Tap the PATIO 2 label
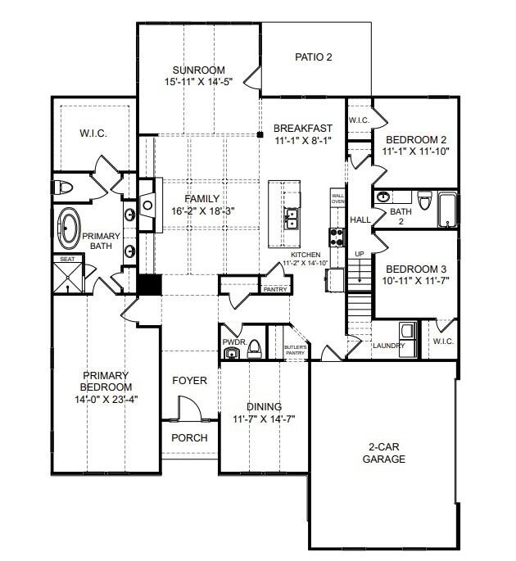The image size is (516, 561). (314, 57)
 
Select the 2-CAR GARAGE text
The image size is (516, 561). (384, 453)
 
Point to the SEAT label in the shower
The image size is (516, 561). (66, 260)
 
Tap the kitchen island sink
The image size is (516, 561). (290, 218)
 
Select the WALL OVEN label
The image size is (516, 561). (337, 198)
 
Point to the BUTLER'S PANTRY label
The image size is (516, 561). (296, 351)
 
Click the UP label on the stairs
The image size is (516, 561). (359, 255)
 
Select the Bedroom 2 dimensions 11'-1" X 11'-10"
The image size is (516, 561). (417, 152)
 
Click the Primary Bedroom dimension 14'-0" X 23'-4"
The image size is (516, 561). (106, 400)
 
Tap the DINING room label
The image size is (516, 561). (264, 406)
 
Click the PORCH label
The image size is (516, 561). (189, 437)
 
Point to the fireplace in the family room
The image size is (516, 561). (147, 205)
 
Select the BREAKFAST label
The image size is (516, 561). (302, 128)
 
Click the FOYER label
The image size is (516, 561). (189, 381)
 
